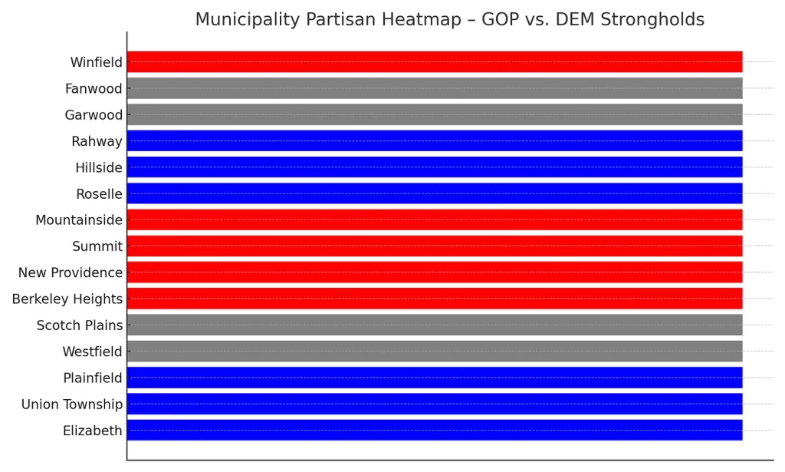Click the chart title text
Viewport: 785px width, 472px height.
[x=449, y=19]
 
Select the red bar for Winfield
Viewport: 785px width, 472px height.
[x=435, y=61]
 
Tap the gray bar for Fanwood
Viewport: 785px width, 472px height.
[x=435, y=88]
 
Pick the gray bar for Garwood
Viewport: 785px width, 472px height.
[x=435, y=114]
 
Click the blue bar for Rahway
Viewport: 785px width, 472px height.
[x=435, y=140]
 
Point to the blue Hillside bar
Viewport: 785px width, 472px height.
[x=435, y=167]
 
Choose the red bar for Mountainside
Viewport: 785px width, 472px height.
[x=435, y=219]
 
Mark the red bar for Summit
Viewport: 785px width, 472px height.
[x=435, y=246]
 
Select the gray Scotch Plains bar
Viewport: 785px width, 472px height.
[x=435, y=325]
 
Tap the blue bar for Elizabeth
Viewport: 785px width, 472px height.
[x=435, y=430]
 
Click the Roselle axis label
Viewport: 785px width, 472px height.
[x=99, y=193]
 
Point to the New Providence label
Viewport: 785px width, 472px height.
[x=71, y=272]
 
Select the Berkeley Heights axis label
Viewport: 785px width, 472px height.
[x=67, y=299]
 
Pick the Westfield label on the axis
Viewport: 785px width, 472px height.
[x=92, y=352]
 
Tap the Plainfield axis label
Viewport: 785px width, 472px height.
[x=93, y=378]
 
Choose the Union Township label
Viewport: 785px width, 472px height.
[x=72, y=404]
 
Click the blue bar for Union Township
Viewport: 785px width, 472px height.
[x=435, y=404]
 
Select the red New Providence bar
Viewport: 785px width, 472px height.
[x=435, y=272]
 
